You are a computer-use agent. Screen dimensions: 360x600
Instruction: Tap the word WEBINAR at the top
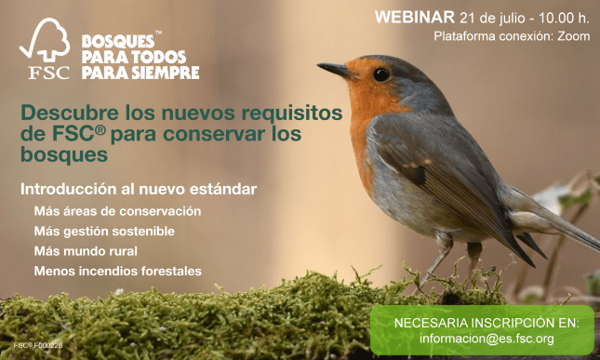pyautogui.click(x=414, y=17)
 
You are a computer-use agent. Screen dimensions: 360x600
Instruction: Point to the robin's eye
pyautogui.click(x=380, y=73)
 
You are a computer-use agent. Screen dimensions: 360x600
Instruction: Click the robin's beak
pyautogui.click(x=335, y=70)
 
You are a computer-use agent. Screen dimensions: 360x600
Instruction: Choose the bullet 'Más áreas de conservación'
pyautogui.click(x=117, y=210)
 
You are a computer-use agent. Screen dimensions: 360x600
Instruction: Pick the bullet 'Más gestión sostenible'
pyautogui.click(x=104, y=231)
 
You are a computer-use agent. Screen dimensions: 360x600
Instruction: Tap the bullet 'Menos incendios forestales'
pyautogui.click(x=117, y=272)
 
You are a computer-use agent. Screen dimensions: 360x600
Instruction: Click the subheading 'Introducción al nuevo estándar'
pyautogui.click(x=139, y=189)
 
